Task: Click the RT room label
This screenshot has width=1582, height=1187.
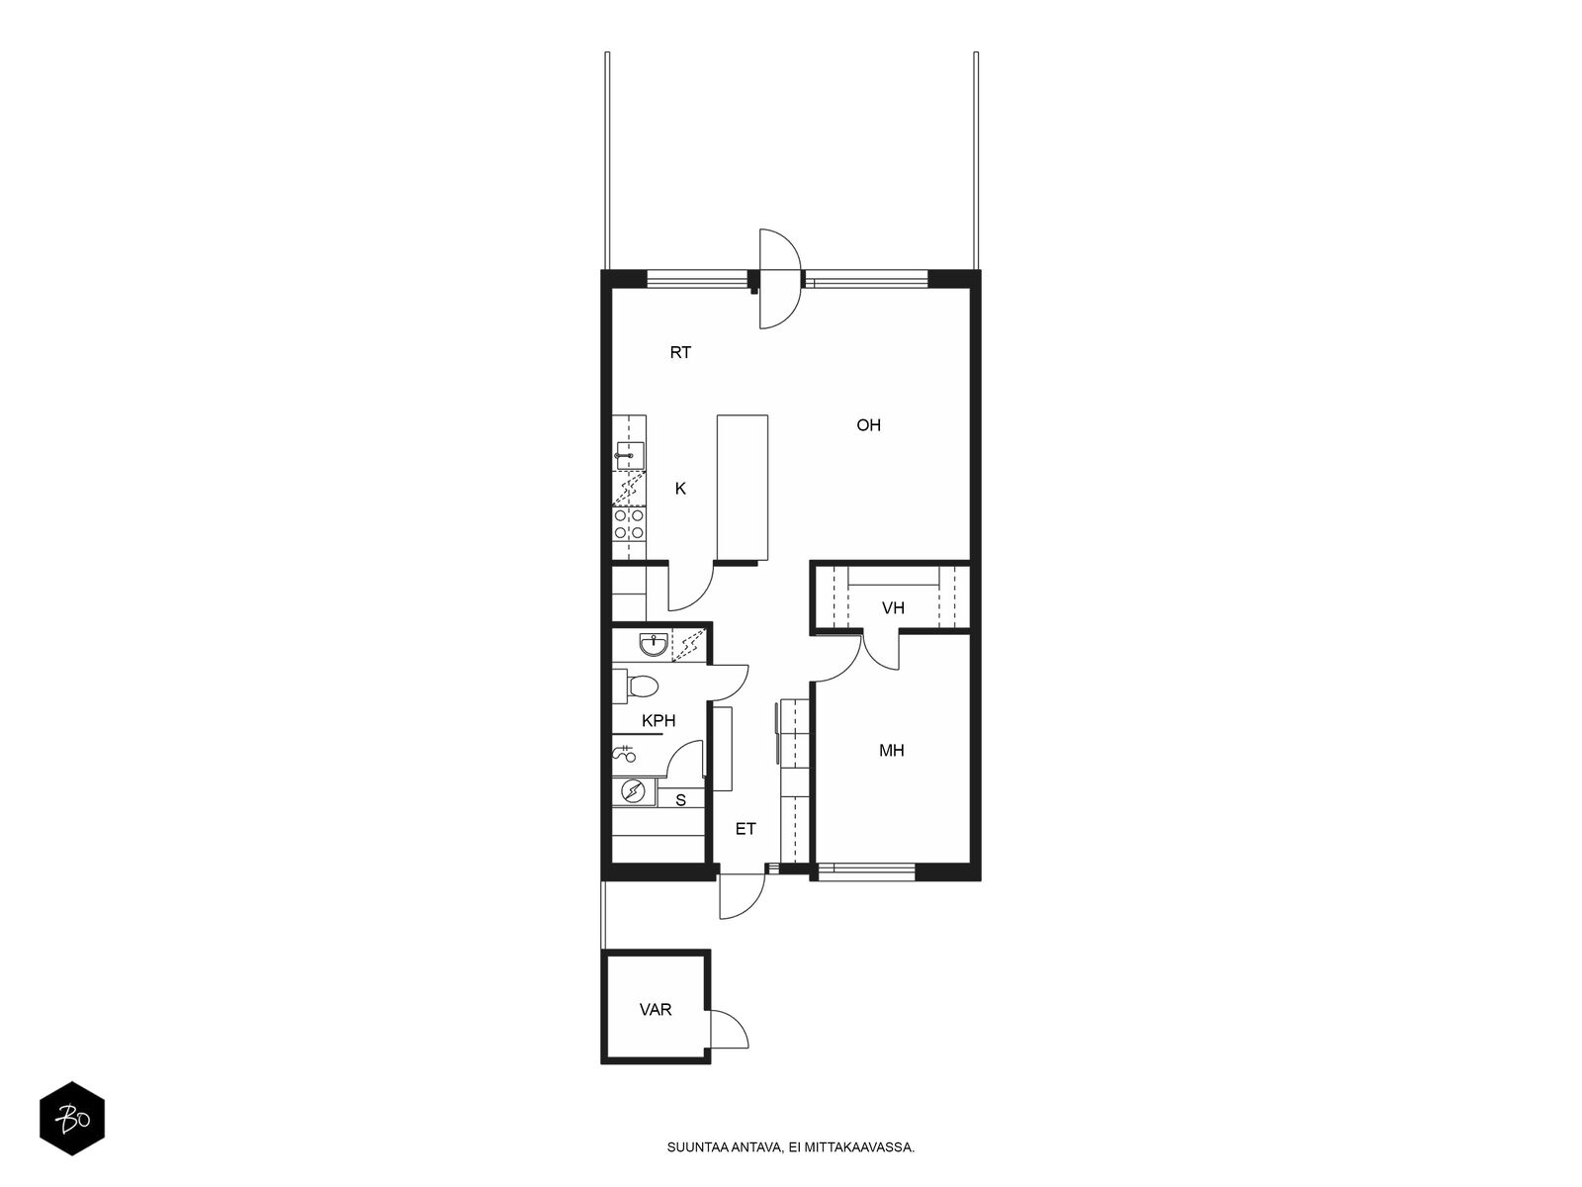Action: coord(680,352)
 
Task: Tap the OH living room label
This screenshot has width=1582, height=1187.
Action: coord(868,425)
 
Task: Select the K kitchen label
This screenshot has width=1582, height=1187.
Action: coord(680,489)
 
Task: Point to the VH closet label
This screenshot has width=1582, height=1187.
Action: coord(893,608)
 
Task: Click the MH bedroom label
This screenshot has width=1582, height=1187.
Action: coord(892,751)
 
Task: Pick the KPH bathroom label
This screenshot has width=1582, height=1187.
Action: coord(659,721)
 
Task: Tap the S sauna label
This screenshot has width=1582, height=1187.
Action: coord(680,800)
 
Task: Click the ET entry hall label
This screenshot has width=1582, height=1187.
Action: coord(746,829)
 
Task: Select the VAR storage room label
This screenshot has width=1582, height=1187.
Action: coord(656,1010)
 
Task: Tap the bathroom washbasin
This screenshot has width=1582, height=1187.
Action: coord(654,645)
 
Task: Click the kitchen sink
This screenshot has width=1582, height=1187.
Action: coord(629,455)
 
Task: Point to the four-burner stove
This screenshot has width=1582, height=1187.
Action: coord(629,524)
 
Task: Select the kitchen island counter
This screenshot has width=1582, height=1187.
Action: coord(743,488)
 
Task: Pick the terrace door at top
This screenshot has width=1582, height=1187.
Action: coord(780,279)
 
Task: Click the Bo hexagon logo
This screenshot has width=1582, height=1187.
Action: coord(72,1119)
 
